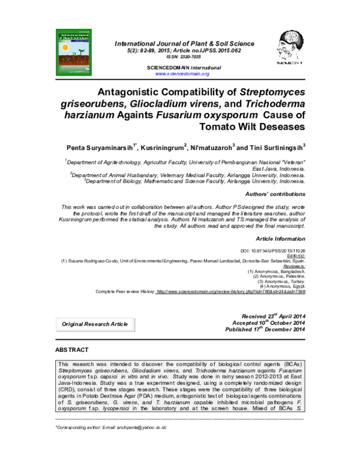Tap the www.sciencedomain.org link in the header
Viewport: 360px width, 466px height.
pos(182,74)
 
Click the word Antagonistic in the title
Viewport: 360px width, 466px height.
pos(133,93)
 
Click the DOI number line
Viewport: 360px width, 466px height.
pos(272,250)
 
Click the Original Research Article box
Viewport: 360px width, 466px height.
pos(95,324)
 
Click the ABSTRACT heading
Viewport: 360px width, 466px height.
pos(71,349)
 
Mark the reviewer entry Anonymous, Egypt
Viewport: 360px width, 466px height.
pos(284,286)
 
